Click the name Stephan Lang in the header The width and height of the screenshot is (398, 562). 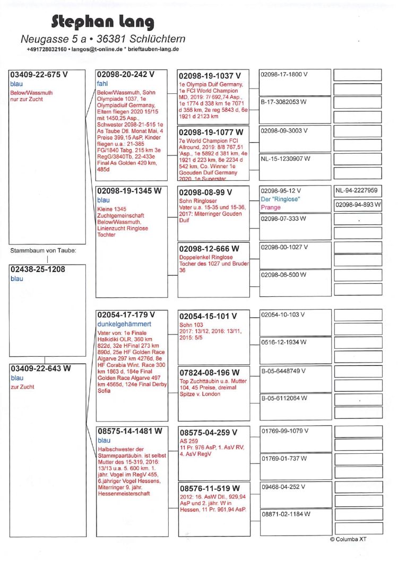click(x=103, y=22)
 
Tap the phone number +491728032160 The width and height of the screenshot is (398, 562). click(x=46, y=49)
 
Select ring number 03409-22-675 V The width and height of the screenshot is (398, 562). click(x=40, y=75)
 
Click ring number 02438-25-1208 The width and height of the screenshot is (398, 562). click(x=38, y=269)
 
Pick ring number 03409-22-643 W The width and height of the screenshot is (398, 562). click(x=41, y=368)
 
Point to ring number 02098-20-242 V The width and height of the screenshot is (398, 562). click(x=126, y=75)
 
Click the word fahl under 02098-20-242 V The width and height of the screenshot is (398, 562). click(x=102, y=84)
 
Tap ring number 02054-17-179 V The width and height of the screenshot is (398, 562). click(x=126, y=315)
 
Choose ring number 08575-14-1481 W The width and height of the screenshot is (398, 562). click(x=129, y=432)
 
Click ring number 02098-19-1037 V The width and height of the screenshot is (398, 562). click(x=210, y=76)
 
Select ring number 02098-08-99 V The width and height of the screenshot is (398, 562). click(x=206, y=192)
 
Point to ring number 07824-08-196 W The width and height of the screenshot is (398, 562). click(x=210, y=373)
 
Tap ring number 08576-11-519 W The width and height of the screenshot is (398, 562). click(x=210, y=488)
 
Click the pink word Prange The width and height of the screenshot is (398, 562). click(x=271, y=207)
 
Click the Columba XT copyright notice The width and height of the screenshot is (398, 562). click(x=348, y=540)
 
